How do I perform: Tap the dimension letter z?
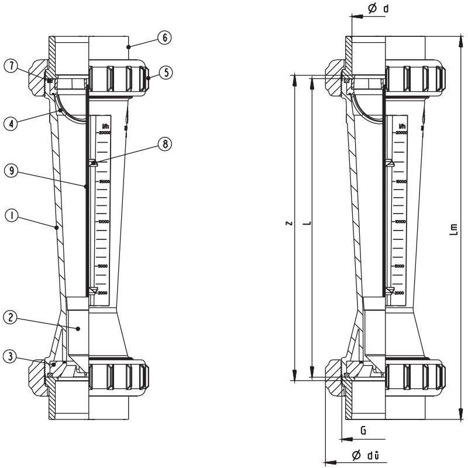pos(289,225)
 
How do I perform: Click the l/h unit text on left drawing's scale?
pos(106,126)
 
